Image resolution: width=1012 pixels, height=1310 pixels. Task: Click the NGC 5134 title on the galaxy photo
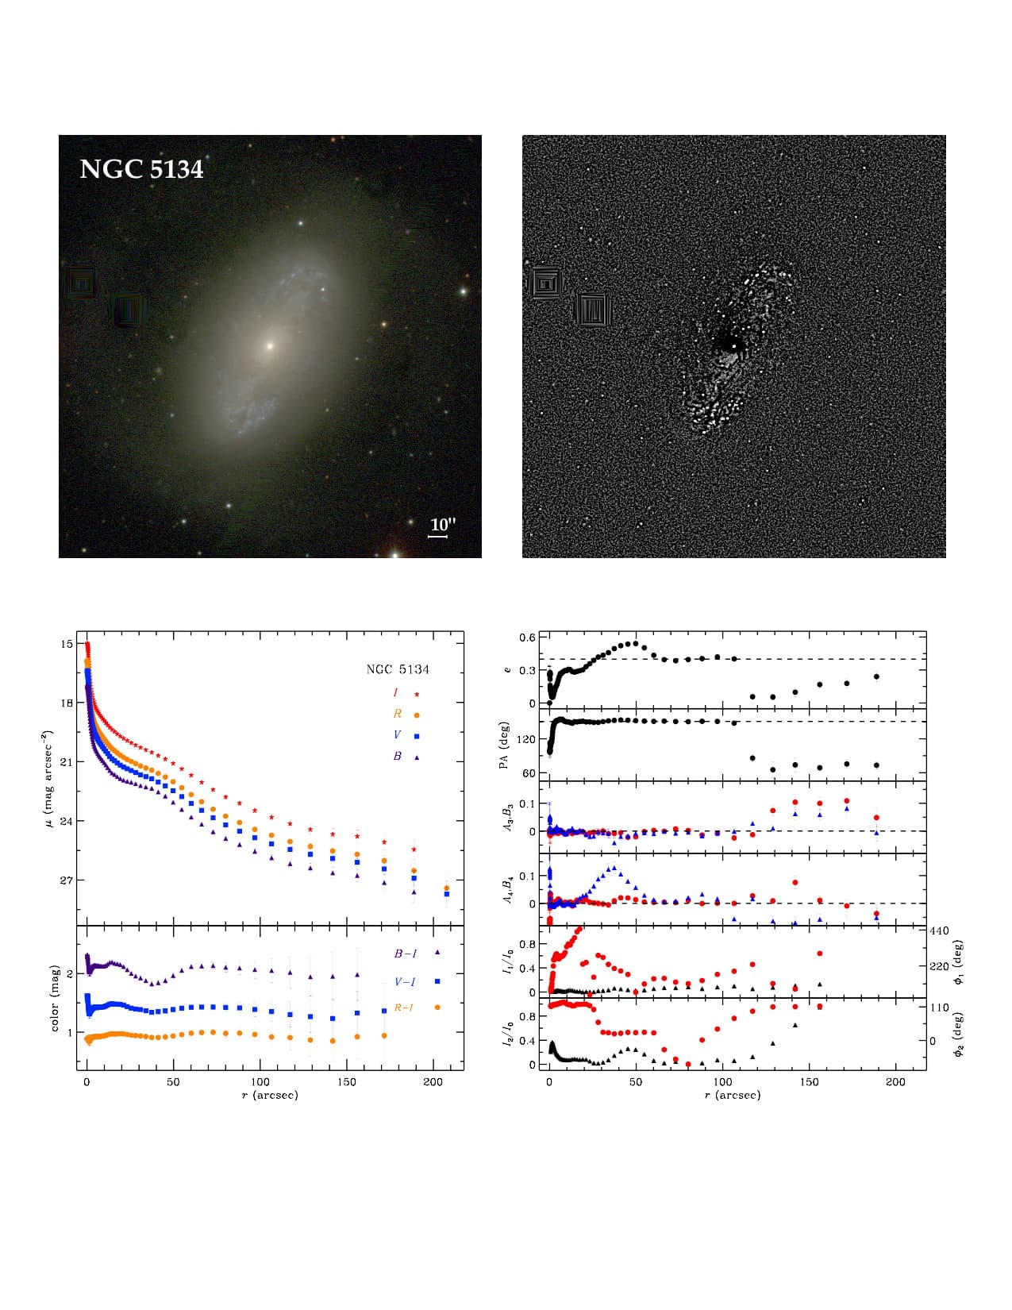coord(141,169)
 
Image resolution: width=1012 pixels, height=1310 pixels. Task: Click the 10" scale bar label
coord(443,525)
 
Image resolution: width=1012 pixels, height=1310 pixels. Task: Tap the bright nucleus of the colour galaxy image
coord(270,346)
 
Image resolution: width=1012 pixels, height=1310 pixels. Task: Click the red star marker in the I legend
coord(417,694)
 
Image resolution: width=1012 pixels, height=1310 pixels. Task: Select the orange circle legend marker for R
coord(417,715)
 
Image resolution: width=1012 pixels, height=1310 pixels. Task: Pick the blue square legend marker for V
coord(417,736)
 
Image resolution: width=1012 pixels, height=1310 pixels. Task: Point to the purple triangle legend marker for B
coord(417,757)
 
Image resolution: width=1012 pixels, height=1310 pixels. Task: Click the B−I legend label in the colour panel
coord(406,954)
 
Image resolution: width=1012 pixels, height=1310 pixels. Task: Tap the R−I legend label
coord(404,1008)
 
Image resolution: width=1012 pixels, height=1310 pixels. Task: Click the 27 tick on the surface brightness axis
coord(66,880)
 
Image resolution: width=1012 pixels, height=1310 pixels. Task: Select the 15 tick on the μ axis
coord(66,644)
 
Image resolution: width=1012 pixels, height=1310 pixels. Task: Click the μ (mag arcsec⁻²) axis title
coord(47,777)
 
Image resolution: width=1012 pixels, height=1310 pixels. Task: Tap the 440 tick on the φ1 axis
coord(939,930)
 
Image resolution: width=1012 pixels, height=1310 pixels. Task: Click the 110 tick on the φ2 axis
coord(939,1008)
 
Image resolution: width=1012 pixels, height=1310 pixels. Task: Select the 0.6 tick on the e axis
coord(528,638)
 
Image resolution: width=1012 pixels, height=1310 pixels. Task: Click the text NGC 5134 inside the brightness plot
coord(397,669)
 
